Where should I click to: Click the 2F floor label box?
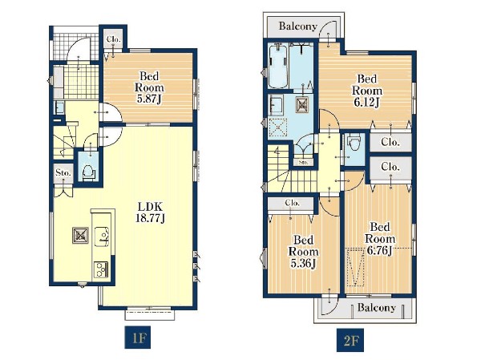[350, 340]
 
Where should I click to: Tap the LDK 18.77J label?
[150, 212]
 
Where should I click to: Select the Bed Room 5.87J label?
[149, 87]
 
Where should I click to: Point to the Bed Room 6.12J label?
[367, 91]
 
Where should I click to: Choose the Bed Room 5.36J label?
[303, 252]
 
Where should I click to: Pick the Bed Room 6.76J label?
[380, 239]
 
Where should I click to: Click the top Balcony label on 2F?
[297, 26]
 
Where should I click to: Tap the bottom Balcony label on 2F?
[377, 308]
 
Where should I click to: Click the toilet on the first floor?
[88, 172]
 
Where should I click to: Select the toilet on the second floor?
[354, 144]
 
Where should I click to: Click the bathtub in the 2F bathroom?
[278, 66]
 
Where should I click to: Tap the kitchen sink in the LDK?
[103, 237]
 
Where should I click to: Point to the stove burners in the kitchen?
[101, 269]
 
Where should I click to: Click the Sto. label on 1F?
[63, 173]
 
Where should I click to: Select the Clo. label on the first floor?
[114, 39]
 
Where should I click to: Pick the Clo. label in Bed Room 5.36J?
[292, 203]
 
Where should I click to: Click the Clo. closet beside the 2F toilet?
[390, 142]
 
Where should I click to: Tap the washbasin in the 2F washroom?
[276, 105]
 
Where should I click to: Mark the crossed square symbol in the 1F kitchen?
[80, 236]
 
